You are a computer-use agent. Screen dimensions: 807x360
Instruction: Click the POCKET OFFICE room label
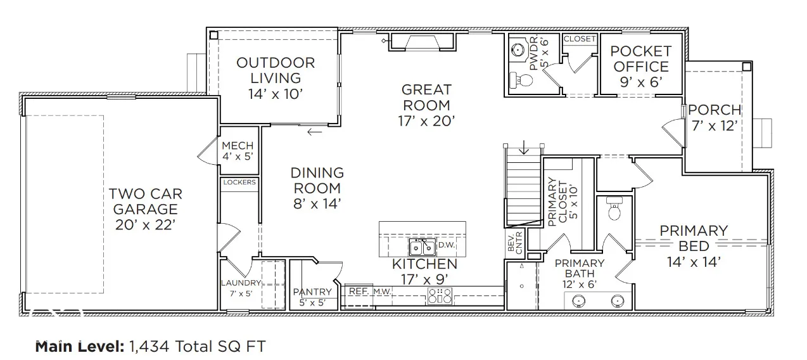(641, 67)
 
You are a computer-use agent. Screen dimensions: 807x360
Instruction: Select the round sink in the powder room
(518, 49)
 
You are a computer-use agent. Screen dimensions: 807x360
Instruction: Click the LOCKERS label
(239, 183)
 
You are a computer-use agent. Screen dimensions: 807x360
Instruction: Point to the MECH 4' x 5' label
(238, 151)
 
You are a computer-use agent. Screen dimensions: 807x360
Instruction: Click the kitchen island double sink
(423, 247)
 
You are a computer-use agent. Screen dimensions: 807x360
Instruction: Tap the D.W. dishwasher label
(447, 245)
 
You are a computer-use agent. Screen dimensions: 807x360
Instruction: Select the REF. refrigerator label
(359, 291)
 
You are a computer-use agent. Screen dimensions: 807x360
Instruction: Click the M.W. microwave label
(382, 292)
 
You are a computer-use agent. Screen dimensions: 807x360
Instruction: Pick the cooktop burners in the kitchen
(440, 296)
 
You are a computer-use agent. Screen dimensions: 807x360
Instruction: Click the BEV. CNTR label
(515, 243)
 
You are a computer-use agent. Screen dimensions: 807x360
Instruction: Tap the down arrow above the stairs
(524, 147)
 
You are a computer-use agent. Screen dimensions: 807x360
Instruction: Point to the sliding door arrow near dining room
(315, 132)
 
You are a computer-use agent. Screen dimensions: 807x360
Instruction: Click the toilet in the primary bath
(614, 209)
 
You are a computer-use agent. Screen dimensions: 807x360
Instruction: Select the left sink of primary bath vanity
(580, 301)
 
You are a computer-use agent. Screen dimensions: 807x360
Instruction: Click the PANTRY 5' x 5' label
(312, 297)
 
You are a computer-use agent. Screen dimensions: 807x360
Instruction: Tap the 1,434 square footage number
(149, 347)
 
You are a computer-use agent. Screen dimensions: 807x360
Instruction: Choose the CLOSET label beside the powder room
(580, 39)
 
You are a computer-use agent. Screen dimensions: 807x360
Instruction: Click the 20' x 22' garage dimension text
(145, 225)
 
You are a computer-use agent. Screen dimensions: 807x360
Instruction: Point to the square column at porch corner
(747, 67)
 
